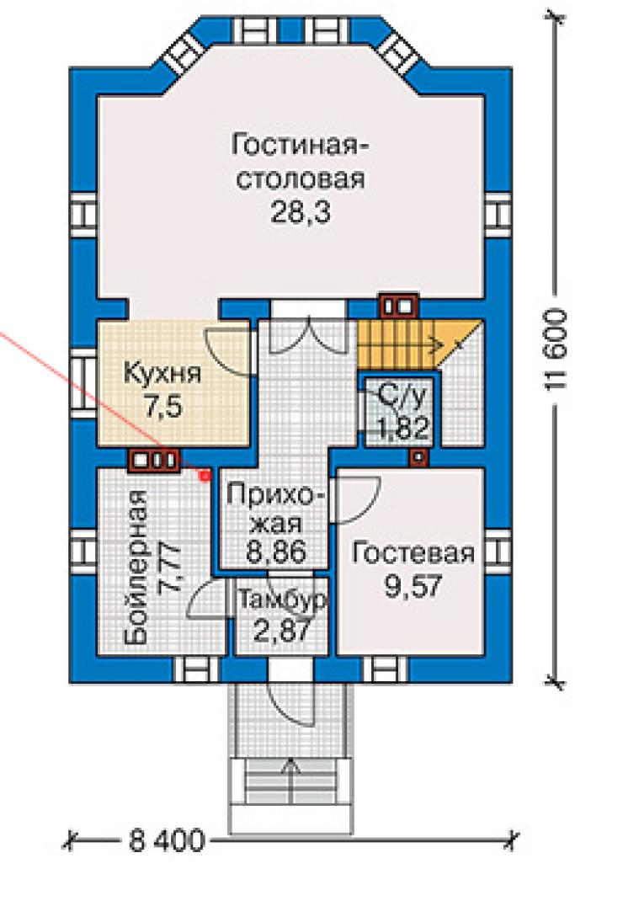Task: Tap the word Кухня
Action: point(162,374)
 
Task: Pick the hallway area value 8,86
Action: point(275,552)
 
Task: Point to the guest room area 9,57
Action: point(413,586)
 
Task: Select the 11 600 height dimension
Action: point(555,349)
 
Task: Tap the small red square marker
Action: point(205,475)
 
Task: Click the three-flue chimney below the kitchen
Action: point(154,460)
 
